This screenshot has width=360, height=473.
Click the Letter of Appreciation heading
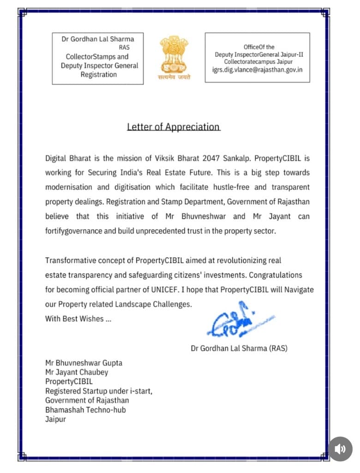point(174,127)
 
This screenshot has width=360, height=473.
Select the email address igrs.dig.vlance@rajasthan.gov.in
point(258,69)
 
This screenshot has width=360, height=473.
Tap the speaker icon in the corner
point(340,449)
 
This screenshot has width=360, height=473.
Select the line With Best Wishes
point(78,319)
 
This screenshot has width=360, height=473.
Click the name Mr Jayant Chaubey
point(77,372)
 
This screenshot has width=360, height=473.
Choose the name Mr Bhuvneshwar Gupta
point(84,363)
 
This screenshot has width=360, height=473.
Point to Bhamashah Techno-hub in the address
point(85,410)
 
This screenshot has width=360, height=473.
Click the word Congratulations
point(276,275)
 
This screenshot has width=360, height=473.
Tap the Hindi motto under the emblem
point(174,78)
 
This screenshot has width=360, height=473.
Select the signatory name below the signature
point(239,348)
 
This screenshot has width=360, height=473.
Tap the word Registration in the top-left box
point(99,74)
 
